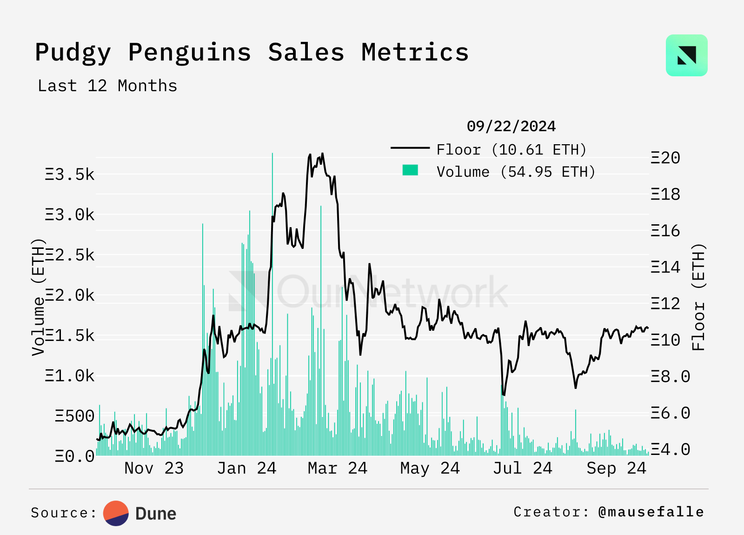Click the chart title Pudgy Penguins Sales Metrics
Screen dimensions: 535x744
[252, 52]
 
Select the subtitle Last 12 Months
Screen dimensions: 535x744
[107, 86]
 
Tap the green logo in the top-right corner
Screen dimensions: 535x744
[686, 55]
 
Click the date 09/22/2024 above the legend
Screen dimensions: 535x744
[511, 127]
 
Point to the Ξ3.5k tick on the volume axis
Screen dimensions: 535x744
[70, 175]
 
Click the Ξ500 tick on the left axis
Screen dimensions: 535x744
[74, 416]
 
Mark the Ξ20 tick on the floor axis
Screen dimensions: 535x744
[665, 158]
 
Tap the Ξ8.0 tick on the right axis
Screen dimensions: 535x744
[670, 377]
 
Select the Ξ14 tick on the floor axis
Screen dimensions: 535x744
[665, 267]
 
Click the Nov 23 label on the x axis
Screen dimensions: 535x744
[154, 468]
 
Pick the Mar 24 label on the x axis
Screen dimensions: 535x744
[338, 468]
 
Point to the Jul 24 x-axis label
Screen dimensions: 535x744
[523, 468]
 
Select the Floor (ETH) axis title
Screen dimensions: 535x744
[698, 297]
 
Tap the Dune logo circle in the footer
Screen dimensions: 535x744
[116, 513]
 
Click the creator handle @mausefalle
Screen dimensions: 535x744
[651, 512]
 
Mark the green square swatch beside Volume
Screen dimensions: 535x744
[410, 170]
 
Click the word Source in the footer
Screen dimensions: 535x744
[60, 513]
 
